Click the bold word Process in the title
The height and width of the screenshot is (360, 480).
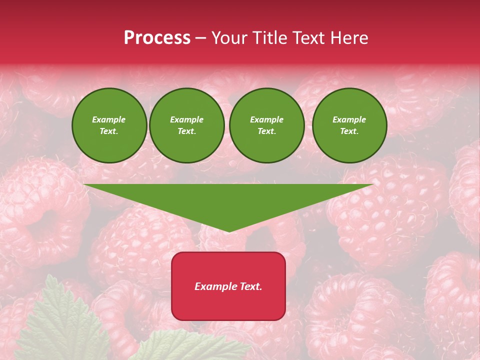(157, 38)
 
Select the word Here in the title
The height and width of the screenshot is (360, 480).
(349, 38)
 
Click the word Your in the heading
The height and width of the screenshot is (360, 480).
(228, 38)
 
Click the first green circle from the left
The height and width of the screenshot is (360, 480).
(109, 125)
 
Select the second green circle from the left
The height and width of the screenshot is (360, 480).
(187, 125)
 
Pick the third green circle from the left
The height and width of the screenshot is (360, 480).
(266, 125)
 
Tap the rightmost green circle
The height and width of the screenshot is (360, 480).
(349, 125)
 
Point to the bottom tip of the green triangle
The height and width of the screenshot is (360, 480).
(228, 231)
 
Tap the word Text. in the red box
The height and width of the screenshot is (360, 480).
(250, 286)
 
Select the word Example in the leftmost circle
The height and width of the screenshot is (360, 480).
(109, 119)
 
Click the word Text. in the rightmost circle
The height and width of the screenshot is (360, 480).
(349, 131)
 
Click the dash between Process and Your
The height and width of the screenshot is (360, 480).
(201, 38)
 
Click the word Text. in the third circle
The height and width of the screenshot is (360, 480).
(266, 131)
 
